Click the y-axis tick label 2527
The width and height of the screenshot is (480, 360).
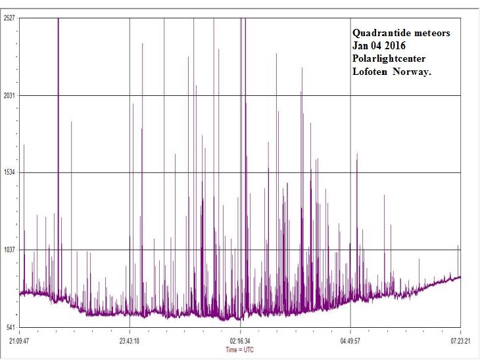[x=9, y=18]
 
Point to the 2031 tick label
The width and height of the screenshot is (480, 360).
[x=9, y=96]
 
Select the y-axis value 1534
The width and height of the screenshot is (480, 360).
[x=9, y=173]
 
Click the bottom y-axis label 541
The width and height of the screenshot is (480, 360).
[x=11, y=327]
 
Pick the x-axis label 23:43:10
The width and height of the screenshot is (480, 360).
[x=130, y=341]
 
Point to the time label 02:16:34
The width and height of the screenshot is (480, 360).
[x=240, y=341]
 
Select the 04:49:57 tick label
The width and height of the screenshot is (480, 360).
[x=350, y=341]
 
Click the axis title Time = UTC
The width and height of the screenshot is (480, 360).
[x=239, y=350]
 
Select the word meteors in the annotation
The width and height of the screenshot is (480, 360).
[x=430, y=33]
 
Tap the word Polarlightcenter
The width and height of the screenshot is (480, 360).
[x=389, y=59]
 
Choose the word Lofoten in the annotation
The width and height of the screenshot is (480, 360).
[x=370, y=72]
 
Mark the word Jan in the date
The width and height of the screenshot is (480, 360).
[x=360, y=46]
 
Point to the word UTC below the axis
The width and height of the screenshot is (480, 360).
[x=248, y=350]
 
